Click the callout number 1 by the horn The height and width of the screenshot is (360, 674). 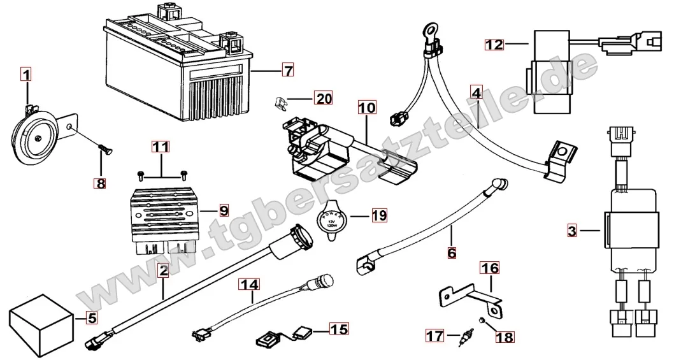tap(25, 75)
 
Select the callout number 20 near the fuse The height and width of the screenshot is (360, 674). tap(324, 98)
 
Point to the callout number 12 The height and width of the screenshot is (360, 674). tap(494, 44)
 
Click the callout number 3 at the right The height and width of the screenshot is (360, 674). tap(571, 231)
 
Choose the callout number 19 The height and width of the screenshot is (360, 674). tap(379, 215)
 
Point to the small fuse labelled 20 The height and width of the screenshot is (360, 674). tap(281, 100)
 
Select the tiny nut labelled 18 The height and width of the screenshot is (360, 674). tap(484, 319)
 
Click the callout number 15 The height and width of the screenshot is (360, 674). tap(340, 329)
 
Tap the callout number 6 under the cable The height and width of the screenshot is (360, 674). tap(452, 252)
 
